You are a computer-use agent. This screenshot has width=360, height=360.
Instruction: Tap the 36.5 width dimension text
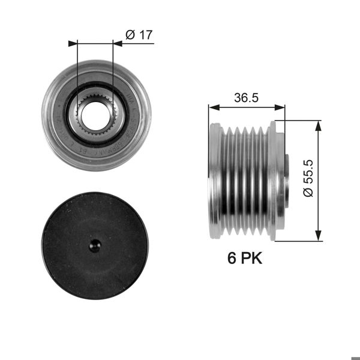click(x=246, y=98)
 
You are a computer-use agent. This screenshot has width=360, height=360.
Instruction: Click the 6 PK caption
click(x=245, y=259)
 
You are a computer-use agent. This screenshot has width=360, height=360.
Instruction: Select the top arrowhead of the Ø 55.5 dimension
click(x=317, y=124)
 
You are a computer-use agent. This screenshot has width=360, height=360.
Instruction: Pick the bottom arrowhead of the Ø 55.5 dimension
click(x=317, y=238)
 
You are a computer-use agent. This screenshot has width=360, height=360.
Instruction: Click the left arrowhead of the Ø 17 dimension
click(x=73, y=43)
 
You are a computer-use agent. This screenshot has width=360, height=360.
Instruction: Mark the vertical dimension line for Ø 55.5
click(x=317, y=180)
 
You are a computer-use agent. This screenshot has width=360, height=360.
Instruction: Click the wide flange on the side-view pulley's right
click(x=277, y=180)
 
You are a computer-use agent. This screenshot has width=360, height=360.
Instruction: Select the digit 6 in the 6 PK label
click(x=231, y=259)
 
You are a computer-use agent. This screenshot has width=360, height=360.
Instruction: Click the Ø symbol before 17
click(x=131, y=35)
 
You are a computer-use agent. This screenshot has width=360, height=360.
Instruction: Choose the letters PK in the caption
click(x=252, y=259)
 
